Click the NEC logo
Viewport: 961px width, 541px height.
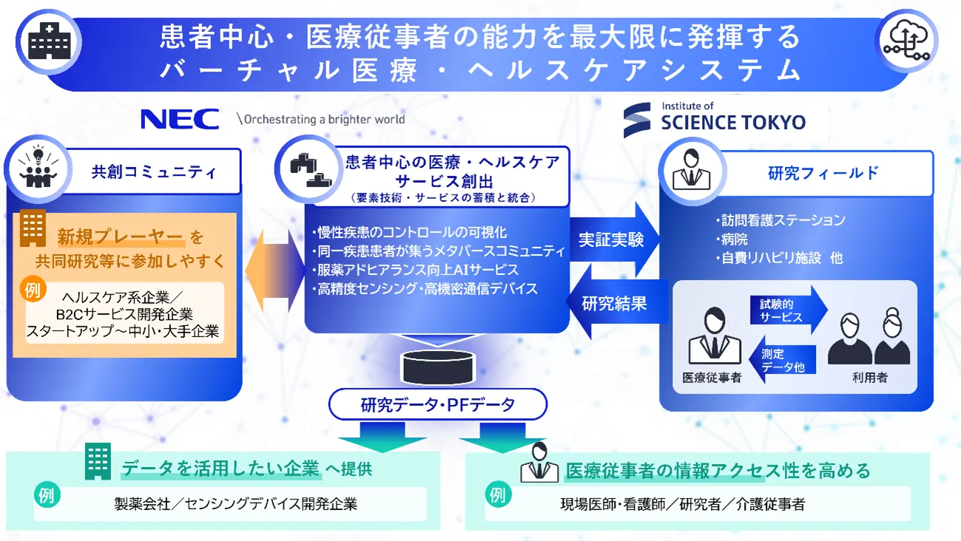pos(180,119)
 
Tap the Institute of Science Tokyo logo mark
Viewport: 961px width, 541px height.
pos(637,120)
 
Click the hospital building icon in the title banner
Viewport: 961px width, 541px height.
pos(49,41)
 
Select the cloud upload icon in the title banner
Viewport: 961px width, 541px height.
pos(906,41)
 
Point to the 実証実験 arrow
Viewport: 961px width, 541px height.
pos(614,239)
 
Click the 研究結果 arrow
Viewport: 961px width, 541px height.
pos(617,303)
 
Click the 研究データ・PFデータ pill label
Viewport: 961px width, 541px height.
pos(438,404)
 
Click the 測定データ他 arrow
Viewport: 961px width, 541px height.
pos(783,360)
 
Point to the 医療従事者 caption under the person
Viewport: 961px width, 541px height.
pos(712,378)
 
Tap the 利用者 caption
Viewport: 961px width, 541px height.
pos(869,378)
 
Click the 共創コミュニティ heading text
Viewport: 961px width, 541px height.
pos(154,172)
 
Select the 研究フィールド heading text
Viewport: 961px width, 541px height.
pos(823,173)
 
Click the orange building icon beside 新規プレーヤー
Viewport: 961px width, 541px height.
pos(33,228)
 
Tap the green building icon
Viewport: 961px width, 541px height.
pos(98,461)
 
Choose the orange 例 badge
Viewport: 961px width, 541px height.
pos(33,290)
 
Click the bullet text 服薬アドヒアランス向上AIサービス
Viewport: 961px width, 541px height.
pos(417,270)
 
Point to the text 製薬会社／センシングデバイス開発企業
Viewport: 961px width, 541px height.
pos(236,504)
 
